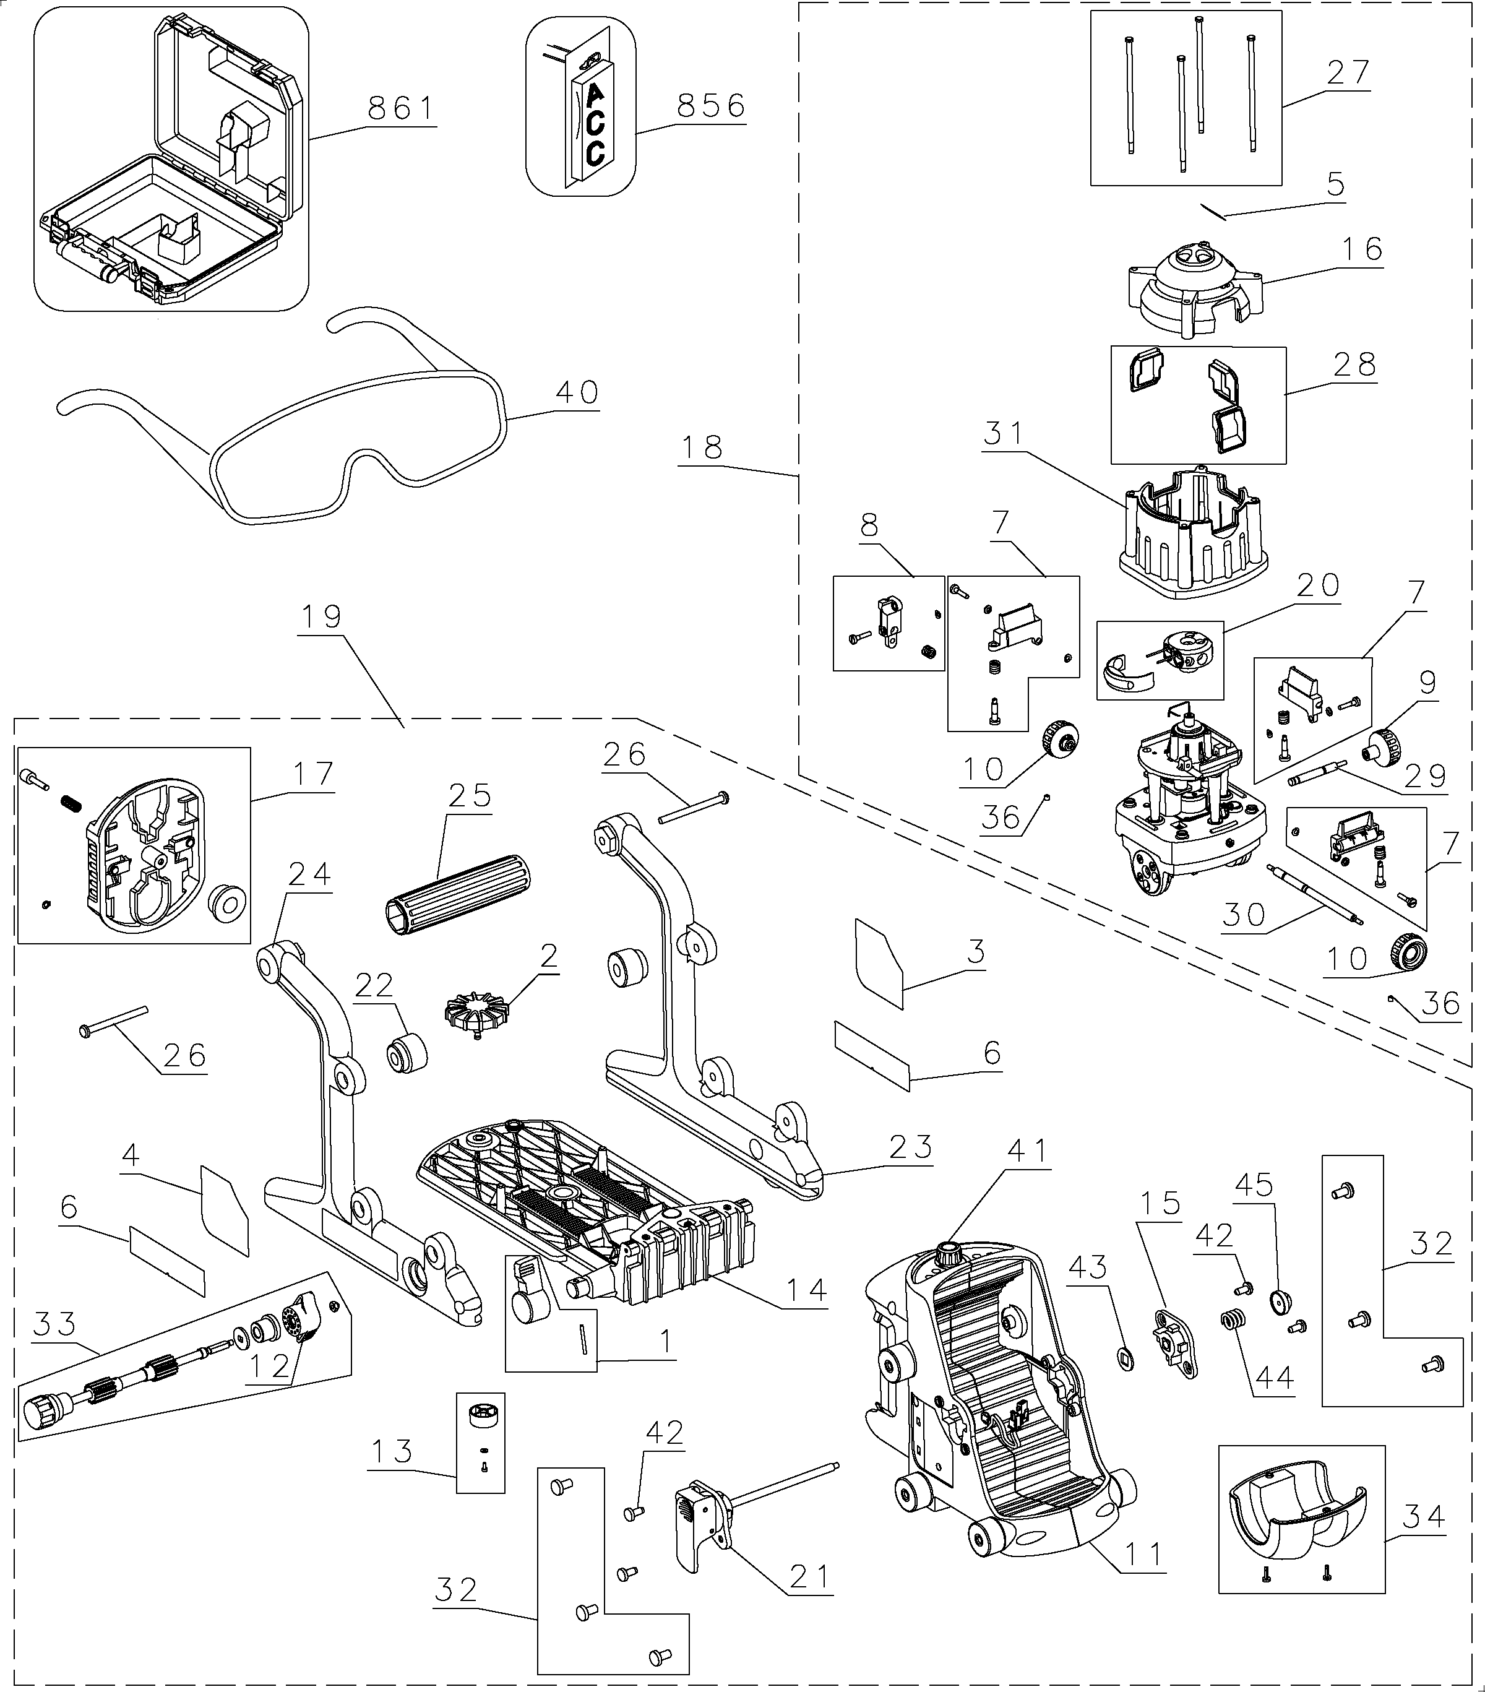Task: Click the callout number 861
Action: pos(402,108)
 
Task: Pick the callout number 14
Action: pos(806,1290)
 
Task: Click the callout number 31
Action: pos(1004,433)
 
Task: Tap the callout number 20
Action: pos(1317,585)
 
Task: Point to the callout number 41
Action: pos(1027,1150)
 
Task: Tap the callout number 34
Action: pos(1424,1516)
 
